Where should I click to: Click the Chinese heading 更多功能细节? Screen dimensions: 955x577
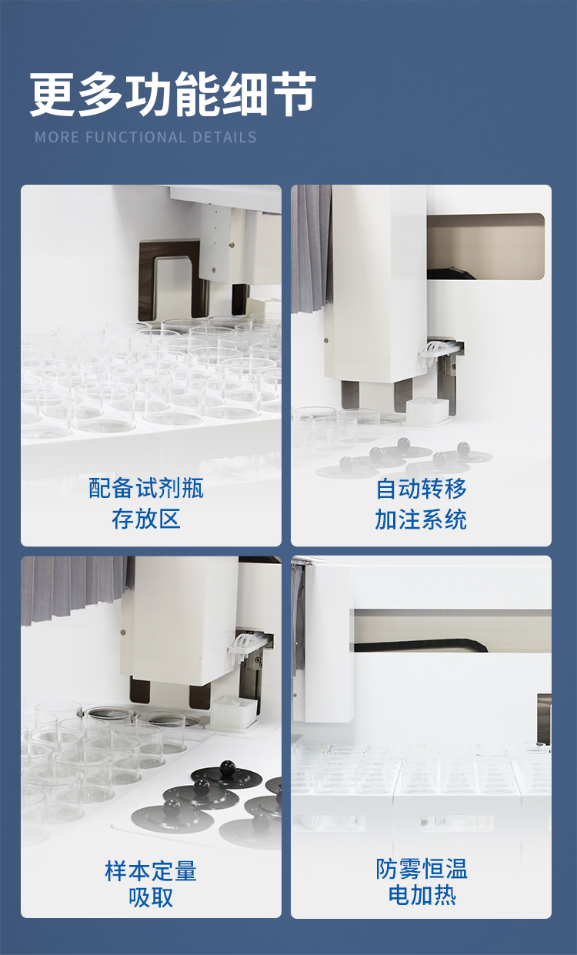point(173,95)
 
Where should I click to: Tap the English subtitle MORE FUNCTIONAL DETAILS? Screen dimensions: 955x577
point(145,138)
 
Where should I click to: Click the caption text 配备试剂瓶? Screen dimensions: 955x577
point(146,488)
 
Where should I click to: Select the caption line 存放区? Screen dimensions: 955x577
point(146,519)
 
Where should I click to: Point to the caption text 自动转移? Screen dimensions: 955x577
point(421,488)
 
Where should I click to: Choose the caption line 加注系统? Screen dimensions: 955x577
point(421,519)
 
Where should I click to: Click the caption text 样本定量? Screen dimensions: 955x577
point(151,870)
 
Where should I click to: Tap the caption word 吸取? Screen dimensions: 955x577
point(151,897)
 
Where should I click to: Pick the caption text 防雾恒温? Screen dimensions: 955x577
point(422,869)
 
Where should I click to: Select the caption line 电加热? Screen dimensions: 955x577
point(422,896)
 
